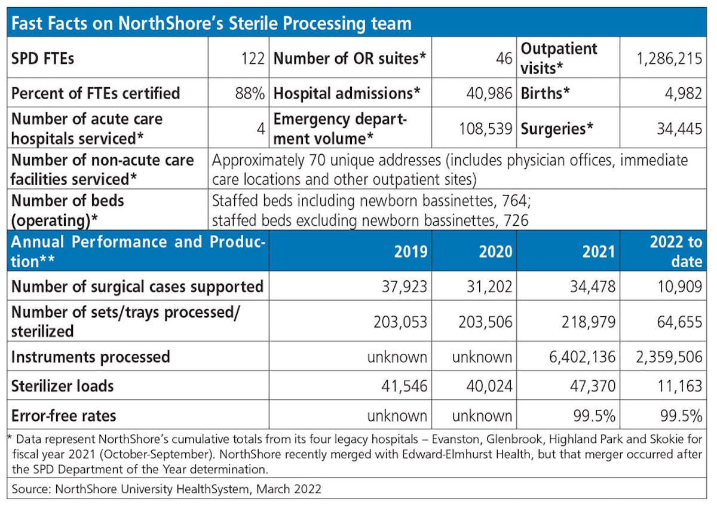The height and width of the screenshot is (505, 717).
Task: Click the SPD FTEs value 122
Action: pyautogui.click(x=252, y=59)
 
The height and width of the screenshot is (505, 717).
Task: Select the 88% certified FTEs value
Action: pyautogui.click(x=252, y=93)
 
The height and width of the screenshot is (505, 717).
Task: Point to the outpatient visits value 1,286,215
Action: pyautogui.click(x=664, y=59)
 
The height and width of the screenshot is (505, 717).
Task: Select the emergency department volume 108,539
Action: pyautogui.click(x=486, y=128)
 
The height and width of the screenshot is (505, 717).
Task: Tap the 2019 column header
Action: pyautogui.click(x=410, y=251)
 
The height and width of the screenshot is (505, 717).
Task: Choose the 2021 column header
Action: pyautogui.click(x=597, y=251)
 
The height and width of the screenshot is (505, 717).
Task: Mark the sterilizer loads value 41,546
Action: pyautogui.click(x=405, y=386)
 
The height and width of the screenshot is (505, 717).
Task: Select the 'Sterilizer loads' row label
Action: pyautogui.click(x=62, y=386)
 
